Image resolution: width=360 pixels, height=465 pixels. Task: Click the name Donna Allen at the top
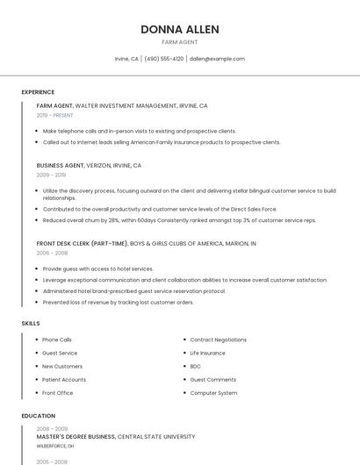(180, 29)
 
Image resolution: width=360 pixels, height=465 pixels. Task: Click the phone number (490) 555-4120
(164, 59)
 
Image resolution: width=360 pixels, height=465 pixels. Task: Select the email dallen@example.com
(217, 59)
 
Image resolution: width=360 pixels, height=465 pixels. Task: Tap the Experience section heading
(38, 92)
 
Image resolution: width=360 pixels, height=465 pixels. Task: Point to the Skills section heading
(31, 324)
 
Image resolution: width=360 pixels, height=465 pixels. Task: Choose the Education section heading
(39, 416)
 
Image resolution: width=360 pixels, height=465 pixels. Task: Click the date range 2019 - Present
(55, 115)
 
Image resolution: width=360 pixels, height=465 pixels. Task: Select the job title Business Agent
(61, 165)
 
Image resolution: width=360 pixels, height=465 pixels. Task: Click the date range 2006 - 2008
(52, 253)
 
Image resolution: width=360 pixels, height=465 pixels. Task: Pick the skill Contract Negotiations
(218, 340)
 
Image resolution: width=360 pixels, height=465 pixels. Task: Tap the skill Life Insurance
(207, 353)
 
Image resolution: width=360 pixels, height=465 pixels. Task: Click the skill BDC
(195, 366)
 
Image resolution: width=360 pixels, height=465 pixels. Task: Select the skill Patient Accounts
(64, 379)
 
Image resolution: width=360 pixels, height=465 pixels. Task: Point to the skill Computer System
(213, 393)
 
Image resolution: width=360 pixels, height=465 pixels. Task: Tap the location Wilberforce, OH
(55, 446)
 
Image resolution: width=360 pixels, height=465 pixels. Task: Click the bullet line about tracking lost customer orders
(118, 302)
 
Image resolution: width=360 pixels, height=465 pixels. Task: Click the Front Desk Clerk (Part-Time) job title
(85, 243)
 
